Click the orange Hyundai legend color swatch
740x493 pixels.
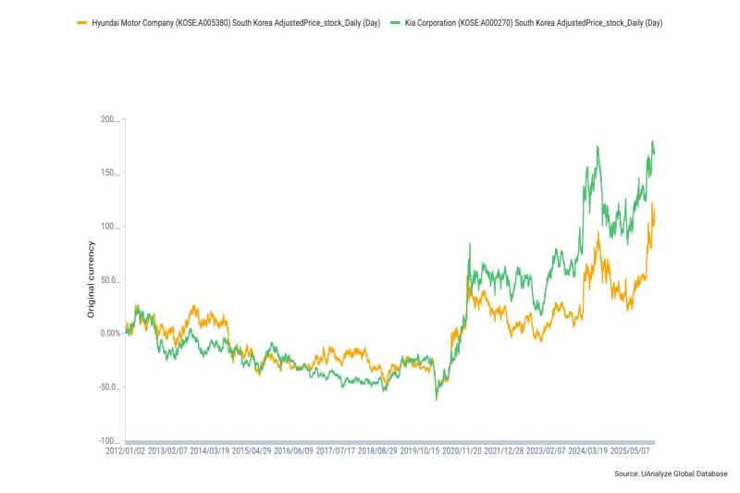point(81,21)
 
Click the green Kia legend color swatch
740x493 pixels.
point(395,21)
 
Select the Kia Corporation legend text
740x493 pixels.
point(534,21)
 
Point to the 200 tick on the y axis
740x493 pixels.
point(111,120)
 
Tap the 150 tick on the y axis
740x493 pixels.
point(111,173)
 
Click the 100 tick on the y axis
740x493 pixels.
point(111,227)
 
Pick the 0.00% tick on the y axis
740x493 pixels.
point(108,333)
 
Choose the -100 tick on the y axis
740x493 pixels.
point(111,440)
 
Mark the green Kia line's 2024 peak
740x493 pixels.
point(598,146)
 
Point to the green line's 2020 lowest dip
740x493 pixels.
point(436,400)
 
